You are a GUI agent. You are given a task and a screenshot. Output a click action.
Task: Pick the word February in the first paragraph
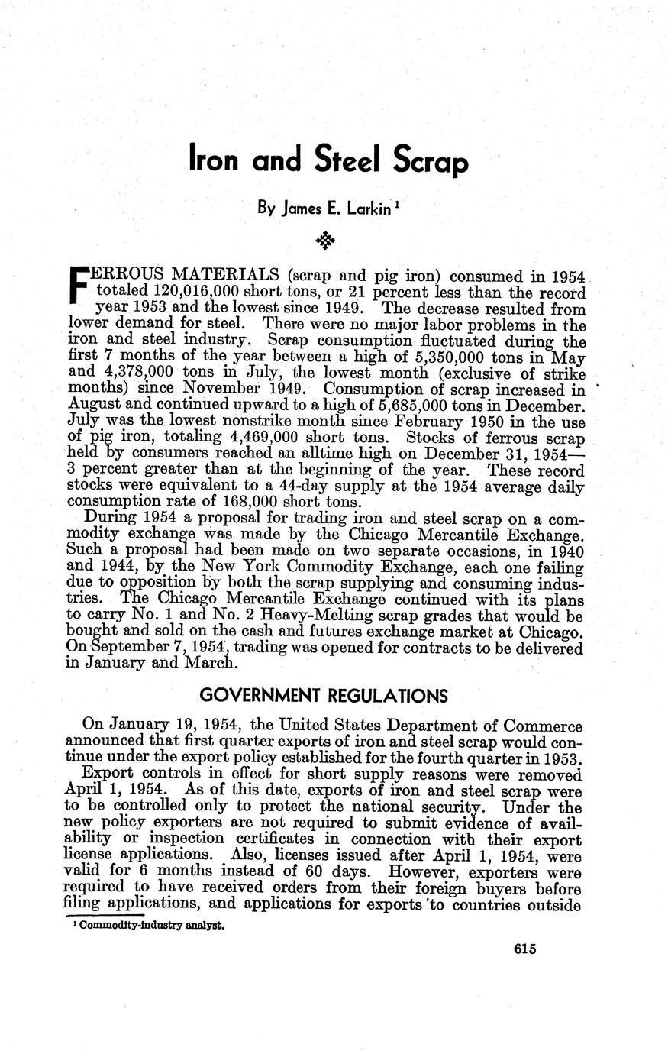pos(436,422)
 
